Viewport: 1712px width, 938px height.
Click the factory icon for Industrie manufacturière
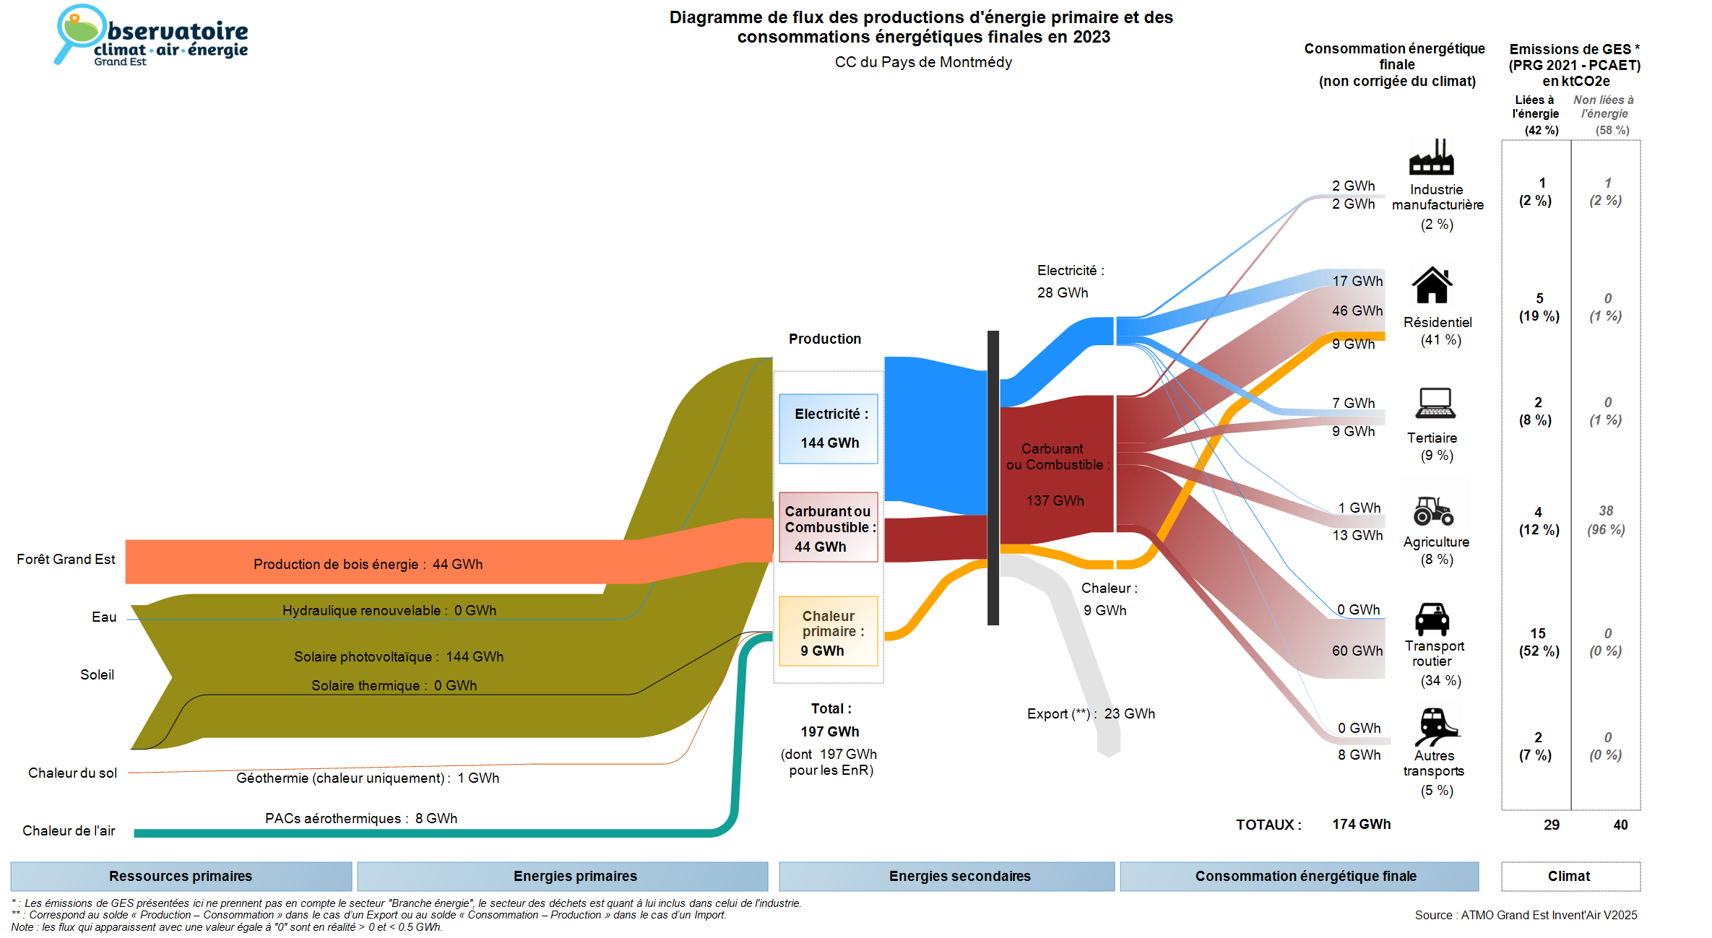(x=1431, y=157)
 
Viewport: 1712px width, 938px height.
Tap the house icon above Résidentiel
(x=1432, y=285)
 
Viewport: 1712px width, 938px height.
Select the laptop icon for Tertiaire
(x=1435, y=403)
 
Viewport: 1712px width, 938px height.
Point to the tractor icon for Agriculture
(x=1433, y=511)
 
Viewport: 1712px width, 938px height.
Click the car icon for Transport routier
(x=1432, y=620)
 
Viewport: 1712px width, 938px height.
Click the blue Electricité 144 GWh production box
(x=829, y=428)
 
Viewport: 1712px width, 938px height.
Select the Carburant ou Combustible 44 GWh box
(x=829, y=528)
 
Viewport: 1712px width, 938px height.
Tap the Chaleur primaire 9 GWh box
(x=829, y=632)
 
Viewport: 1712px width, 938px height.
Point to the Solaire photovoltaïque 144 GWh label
(x=399, y=656)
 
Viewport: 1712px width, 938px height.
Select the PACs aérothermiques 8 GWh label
(x=361, y=818)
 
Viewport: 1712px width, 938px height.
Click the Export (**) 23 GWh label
(x=1091, y=713)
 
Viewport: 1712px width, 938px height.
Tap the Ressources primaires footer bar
(x=181, y=876)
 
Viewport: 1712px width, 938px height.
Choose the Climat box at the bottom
(x=1569, y=876)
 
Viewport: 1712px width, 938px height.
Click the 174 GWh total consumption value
(x=1361, y=824)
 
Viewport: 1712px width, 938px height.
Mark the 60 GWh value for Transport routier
(x=1357, y=651)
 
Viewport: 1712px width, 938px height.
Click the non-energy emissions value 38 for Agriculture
(x=1606, y=511)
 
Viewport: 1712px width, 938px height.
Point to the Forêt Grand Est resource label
(x=66, y=559)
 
